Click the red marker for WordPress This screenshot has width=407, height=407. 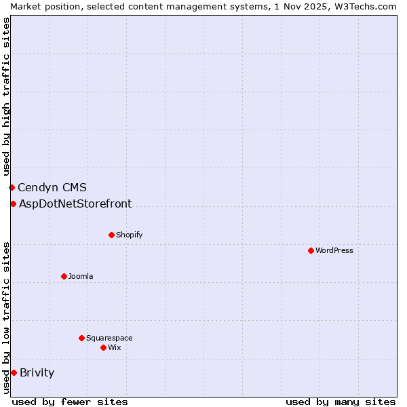click(x=311, y=250)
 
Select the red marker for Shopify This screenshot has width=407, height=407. click(x=111, y=235)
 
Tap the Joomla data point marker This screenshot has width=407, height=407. click(x=64, y=276)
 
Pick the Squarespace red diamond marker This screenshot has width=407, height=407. click(x=81, y=338)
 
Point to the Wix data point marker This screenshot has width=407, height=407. click(x=103, y=347)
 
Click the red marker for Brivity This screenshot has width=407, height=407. click(x=14, y=372)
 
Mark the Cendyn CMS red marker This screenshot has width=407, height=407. click(x=12, y=187)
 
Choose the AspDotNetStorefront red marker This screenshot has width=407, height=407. click(x=13, y=203)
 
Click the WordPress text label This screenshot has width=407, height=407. click(x=334, y=250)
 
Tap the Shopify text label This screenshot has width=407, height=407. click(x=130, y=235)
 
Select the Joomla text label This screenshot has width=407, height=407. click(x=81, y=276)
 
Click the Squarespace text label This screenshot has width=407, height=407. click(x=109, y=338)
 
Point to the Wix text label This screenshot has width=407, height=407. click(x=115, y=347)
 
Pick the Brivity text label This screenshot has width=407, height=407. click(x=37, y=372)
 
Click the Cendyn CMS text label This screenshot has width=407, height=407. click(x=52, y=187)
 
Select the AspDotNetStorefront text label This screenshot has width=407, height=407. click(x=75, y=203)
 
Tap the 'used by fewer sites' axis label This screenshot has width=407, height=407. click(x=70, y=402)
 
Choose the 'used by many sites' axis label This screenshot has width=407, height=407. click(x=341, y=402)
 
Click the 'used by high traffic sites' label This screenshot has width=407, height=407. click(x=6, y=94)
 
